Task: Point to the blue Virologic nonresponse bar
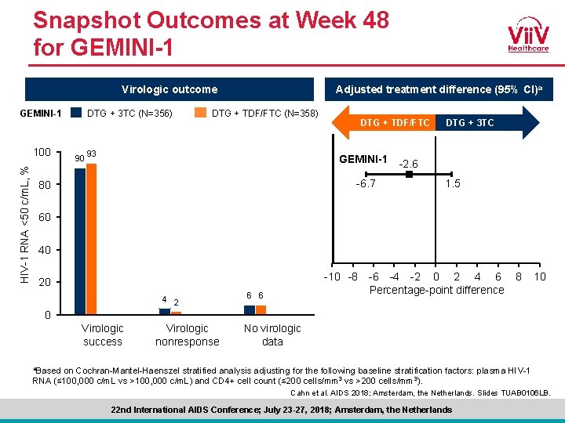[x=165, y=311]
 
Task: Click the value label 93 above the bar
[x=93, y=153]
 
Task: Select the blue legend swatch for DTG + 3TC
[x=76, y=112]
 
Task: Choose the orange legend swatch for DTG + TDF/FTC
[x=201, y=112]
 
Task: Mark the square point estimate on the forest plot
[x=409, y=175]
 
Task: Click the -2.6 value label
[x=409, y=164]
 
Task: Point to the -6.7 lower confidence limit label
[x=365, y=184]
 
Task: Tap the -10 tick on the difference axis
[x=331, y=277]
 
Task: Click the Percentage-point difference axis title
[x=436, y=290]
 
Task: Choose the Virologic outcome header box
[x=169, y=89]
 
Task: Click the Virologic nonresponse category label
[x=188, y=334]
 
